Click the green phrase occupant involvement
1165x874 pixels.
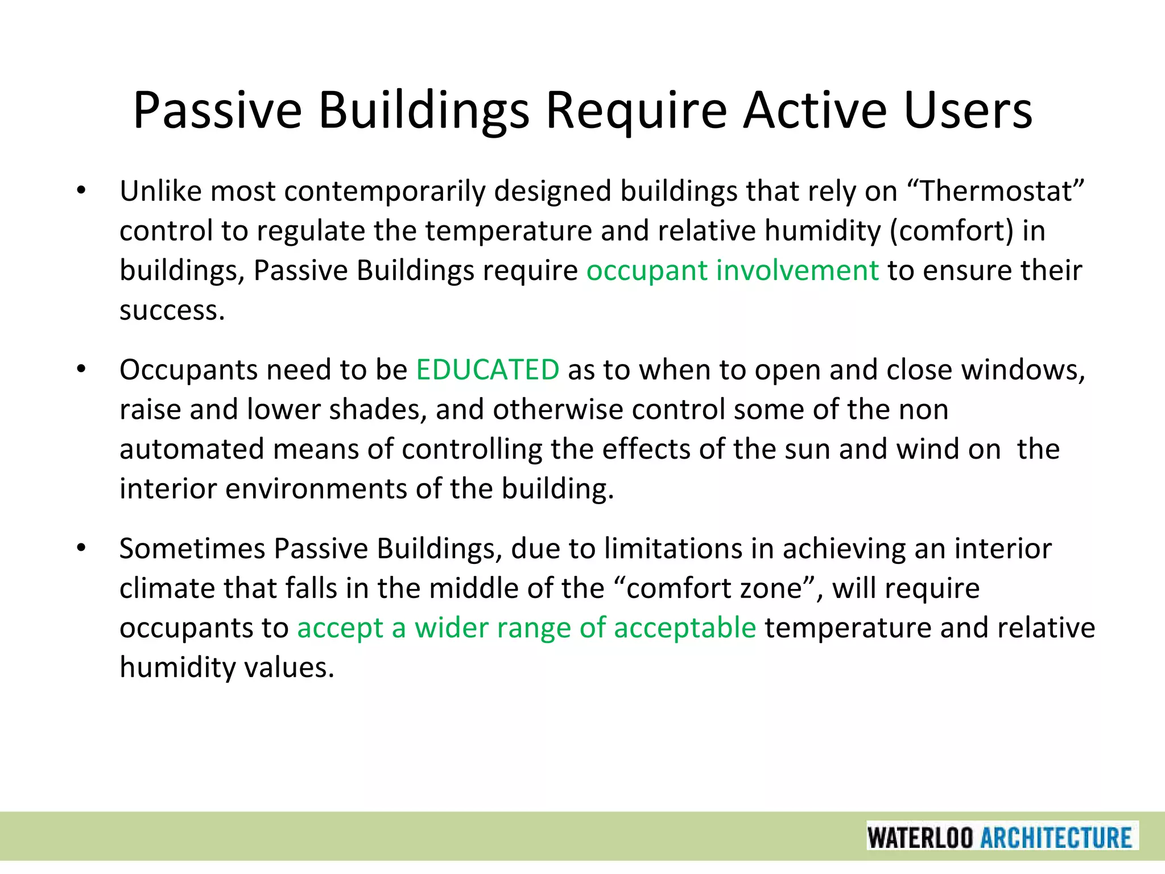pyautogui.click(x=732, y=270)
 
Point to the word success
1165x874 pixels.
pyautogui.click(x=172, y=311)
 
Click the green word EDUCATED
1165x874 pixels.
pyautogui.click(x=488, y=370)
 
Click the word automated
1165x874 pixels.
pyautogui.click(x=192, y=449)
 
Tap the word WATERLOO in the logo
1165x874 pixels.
pyautogui.click(x=920, y=838)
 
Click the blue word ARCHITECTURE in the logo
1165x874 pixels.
pyautogui.click(x=1056, y=838)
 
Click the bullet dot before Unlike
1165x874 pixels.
pyautogui.click(x=81, y=192)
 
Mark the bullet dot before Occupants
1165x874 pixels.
pyautogui.click(x=81, y=370)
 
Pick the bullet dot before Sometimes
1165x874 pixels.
pyautogui.click(x=81, y=549)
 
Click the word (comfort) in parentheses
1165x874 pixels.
pyautogui.click(x=951, y=231)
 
